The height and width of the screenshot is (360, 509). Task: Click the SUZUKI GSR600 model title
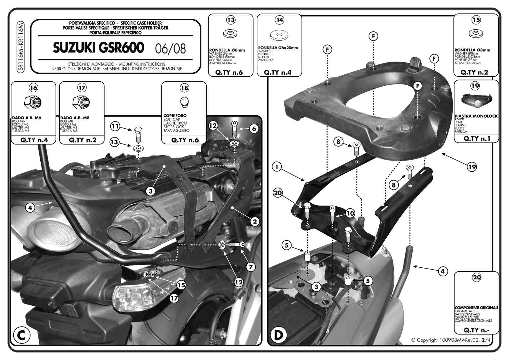[x=98, y=48]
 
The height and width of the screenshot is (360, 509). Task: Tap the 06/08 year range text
[x=170, y=49]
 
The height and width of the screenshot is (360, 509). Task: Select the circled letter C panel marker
[x=21, y=335]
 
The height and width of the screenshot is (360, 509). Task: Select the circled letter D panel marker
[x=278, y=335]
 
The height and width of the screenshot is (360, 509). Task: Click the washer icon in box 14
[x=279, y=35]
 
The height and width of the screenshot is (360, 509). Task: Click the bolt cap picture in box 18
[x=184, y=102]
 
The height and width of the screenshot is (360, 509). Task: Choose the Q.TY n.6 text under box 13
[x=229, y=73]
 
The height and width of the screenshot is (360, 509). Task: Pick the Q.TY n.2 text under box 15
[x=474, y=72]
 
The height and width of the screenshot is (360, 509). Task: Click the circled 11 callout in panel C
[x=115, y=126]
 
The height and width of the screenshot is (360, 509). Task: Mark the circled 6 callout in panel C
[x=254, y=129]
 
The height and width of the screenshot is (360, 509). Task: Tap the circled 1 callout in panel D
[x=277, y=167]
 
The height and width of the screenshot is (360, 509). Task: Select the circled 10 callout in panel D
[x=350, y=213]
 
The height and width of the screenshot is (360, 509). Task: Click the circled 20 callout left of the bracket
[x=278, y=193]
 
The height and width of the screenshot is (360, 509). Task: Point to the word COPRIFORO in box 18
[x=175, y=116]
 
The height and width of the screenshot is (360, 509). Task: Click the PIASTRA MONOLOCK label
[x=476, y=116]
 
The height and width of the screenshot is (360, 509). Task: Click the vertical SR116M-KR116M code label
[x=21, y=46]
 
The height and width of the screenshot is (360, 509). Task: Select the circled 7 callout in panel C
[x=251, y=267]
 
